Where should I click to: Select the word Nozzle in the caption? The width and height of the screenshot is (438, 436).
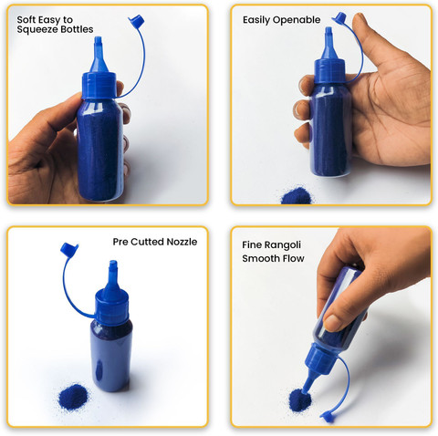coord(182,242)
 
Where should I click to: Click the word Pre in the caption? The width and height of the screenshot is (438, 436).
coord(120,242)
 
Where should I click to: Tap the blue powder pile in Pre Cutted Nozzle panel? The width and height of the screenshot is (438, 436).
coord(73,397)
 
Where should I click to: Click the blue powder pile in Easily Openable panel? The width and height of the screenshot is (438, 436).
coord(297,196)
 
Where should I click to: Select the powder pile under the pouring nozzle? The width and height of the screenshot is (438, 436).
coord(299,400)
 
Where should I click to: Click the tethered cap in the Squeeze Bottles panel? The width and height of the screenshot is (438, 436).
coord(136,21)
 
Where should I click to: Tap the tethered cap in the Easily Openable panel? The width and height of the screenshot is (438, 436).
coord(339,18)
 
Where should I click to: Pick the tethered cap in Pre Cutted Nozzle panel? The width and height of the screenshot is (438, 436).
coord(69,249)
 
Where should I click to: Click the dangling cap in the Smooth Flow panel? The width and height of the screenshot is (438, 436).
coord(328,417)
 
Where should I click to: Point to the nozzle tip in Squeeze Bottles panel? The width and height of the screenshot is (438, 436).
coord(98,40)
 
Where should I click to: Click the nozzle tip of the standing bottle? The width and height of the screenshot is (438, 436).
coord(113,264)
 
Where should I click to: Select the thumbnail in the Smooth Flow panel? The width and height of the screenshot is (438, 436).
coord(332,323)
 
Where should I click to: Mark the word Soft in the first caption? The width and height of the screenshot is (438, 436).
coord(25,20)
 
